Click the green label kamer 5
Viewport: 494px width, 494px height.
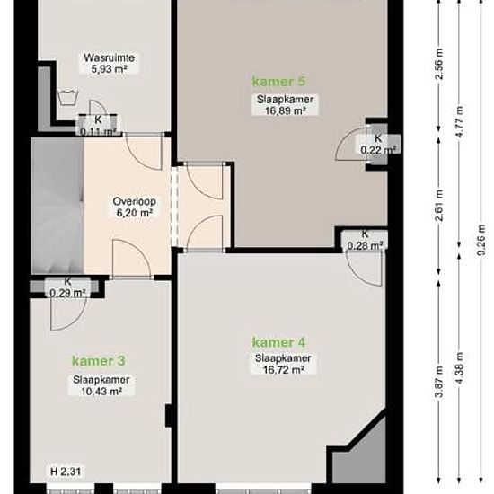278,82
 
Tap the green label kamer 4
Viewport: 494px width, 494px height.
278,342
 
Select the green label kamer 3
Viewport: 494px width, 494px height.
98,361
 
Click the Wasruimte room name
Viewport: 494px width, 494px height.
109,58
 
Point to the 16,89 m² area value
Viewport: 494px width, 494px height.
286,110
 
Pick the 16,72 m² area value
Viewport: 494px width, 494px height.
283,370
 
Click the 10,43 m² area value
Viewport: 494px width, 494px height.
101,392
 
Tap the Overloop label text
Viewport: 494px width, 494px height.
135,201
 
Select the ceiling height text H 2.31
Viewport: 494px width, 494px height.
66,472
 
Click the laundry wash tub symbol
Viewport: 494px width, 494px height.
67,97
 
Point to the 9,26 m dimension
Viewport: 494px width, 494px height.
481,240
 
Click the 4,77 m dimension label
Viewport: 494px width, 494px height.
460,121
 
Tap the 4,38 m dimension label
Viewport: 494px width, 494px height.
460,368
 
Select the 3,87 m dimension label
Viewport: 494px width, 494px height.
439,382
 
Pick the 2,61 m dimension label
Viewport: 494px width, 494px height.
439,206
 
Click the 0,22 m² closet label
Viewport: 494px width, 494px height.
378,150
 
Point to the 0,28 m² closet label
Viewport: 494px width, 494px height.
366,245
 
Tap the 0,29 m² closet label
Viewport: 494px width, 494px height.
67,294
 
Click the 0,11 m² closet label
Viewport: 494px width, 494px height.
98,132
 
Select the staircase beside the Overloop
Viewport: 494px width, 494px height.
57,206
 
